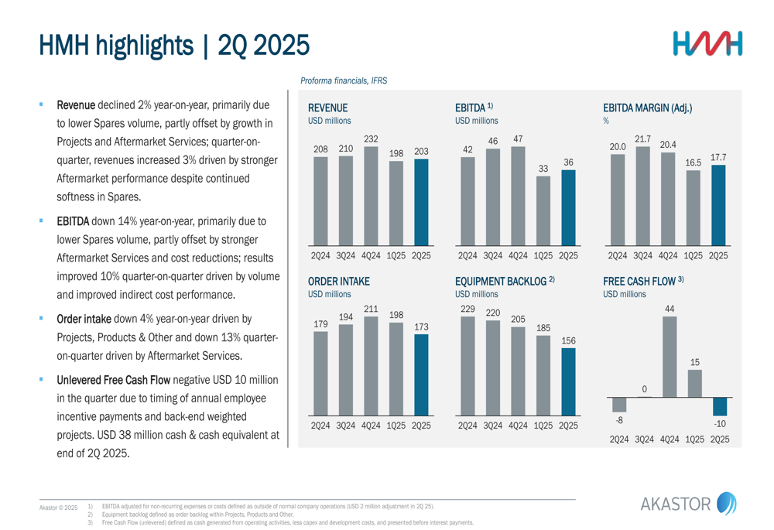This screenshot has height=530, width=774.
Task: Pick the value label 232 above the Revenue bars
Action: [371, 138]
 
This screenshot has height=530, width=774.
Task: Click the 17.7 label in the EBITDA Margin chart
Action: [718, 157]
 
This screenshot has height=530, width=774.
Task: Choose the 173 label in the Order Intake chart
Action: [421, 327]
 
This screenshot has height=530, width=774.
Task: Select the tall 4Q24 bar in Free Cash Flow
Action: [670, 357]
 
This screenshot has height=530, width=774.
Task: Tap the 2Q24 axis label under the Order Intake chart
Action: [320, 426]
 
